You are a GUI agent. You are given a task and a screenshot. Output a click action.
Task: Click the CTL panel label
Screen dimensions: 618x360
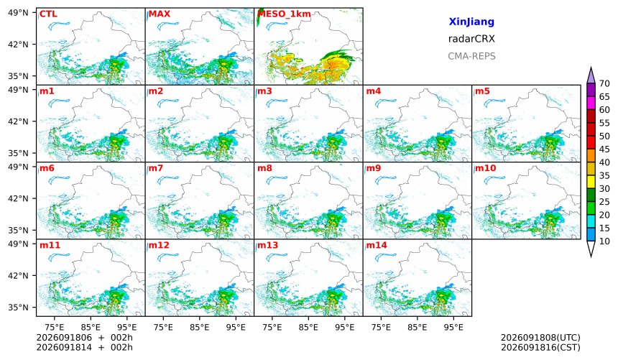pos(48,14)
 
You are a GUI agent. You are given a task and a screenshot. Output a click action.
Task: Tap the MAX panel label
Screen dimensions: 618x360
pos(160,14)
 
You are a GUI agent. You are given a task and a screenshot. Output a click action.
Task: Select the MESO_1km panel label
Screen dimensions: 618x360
pos(284,14)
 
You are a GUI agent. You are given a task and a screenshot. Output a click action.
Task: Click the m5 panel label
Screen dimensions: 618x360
pos(482,91)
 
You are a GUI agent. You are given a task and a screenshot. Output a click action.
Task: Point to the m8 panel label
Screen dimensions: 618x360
pos(264,168)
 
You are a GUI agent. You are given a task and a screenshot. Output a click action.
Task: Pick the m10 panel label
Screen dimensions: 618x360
pos(485,168)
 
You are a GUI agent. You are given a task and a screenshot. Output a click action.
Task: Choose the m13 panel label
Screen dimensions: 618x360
pos(267,245)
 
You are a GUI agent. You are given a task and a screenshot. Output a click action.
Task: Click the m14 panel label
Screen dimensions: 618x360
pos(377,245)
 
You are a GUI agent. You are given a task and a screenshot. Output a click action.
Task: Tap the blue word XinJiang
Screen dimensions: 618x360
pos(471,22)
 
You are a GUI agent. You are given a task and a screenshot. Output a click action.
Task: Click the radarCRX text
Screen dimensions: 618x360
pos(471,39)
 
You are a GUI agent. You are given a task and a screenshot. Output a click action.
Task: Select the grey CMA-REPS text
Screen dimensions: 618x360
pos(471,56)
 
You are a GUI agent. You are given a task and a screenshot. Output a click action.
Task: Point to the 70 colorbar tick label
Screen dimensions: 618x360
pos(604,83)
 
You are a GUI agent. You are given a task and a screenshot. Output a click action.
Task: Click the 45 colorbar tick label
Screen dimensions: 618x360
pos(604,149)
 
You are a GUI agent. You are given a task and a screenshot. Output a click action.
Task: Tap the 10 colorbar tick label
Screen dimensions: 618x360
pos(604,241)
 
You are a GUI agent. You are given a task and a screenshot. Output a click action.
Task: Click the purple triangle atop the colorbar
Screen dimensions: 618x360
pos(591,75)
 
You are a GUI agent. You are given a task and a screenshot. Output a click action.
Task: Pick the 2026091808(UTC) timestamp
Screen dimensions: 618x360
pos(540,338)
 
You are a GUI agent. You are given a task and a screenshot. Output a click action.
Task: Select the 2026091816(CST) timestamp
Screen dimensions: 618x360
pos(540,348)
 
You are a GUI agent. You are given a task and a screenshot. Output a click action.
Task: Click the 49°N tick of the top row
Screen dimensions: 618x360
pos(18,13)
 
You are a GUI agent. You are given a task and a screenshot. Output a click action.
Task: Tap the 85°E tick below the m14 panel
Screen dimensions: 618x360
pos(417,327)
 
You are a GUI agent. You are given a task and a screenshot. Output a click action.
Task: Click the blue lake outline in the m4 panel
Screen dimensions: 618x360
pos(386,103)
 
